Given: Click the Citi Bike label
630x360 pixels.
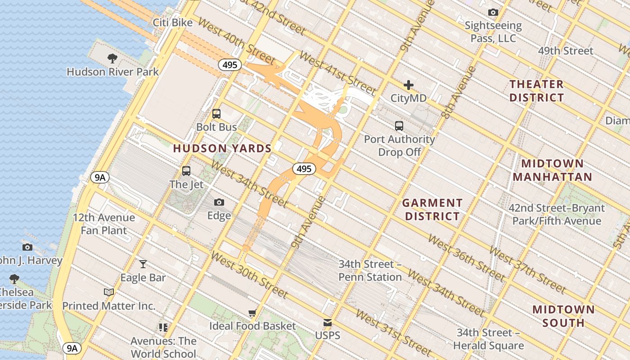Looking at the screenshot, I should click(x=173, y=22).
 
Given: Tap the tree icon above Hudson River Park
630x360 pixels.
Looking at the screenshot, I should click(x=112, y=58).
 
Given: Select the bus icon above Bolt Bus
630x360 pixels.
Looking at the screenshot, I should click(x=216, y=114).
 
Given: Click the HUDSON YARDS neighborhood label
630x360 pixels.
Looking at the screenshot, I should click(x=222, y=148).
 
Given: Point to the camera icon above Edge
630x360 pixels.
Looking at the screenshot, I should click(x=219, y=202).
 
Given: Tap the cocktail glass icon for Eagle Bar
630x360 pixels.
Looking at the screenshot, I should click(x=143, y=264).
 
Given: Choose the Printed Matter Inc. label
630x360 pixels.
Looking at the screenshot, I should click(x=109, y=306).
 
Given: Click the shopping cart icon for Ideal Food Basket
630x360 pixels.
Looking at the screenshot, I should click(x=252, y=313).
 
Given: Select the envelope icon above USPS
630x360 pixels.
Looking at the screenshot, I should click(x=328, y=323).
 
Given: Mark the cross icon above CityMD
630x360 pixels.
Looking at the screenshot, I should click(x=409, y=85).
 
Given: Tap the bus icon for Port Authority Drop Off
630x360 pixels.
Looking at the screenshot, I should click(x=399, y=126).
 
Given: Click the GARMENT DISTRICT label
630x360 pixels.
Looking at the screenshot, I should click(x=432, y=210).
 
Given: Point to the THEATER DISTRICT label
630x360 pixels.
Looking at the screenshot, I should click(x=536, y=91).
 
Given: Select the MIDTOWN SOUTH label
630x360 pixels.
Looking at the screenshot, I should click(x=563, y=316).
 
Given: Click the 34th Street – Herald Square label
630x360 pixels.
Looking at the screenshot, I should click(x=489, y=339).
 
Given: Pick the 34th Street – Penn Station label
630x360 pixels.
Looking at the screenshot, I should click(x=370, y=270).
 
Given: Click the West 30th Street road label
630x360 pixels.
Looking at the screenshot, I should click(x=249, y=274).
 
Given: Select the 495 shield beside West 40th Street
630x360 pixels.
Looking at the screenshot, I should click(x=230, y=65).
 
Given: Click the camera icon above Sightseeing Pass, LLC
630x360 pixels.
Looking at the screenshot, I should click(x=493, y=13).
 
